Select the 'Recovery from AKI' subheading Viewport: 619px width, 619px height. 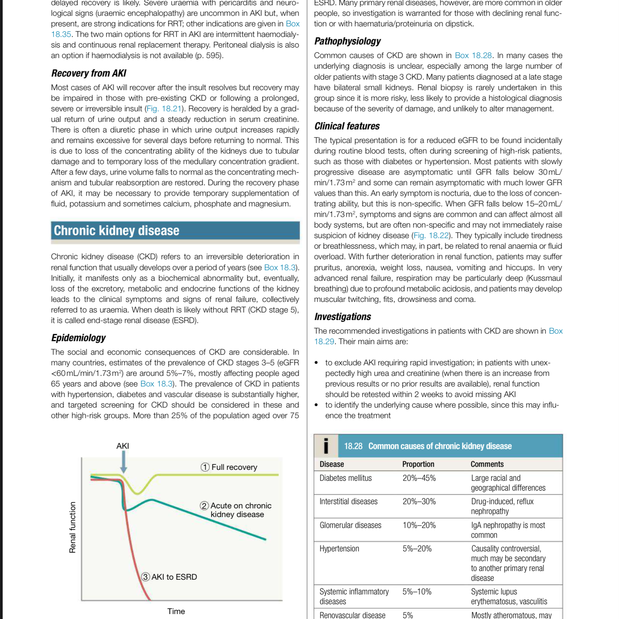[89, 73]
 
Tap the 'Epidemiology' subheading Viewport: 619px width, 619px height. [79, 338]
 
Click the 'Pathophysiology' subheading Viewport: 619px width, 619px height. [348, 41]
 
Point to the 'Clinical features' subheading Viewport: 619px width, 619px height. [347, 126]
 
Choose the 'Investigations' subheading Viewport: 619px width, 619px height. [343, 317]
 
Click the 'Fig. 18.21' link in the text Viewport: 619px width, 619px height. [164, 109]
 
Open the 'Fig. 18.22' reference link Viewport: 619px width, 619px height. [431, 236]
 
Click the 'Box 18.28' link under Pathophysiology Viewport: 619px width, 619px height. [473, 55]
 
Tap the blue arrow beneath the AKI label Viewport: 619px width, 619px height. [123, 462]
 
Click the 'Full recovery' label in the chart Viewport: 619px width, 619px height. [234, 467]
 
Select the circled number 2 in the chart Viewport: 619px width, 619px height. [205, 506]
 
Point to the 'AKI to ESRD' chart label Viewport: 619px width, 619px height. [174, 577]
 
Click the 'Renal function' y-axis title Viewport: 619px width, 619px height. [72, 527]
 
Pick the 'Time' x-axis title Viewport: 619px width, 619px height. [176, 611]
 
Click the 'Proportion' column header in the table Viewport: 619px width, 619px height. [418, 464]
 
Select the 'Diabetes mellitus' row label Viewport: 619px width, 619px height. [345, 478]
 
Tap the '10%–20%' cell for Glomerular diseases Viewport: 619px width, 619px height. [419, 525]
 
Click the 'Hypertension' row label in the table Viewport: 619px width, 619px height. [339, 549]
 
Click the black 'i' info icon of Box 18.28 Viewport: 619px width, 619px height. [326, 446]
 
